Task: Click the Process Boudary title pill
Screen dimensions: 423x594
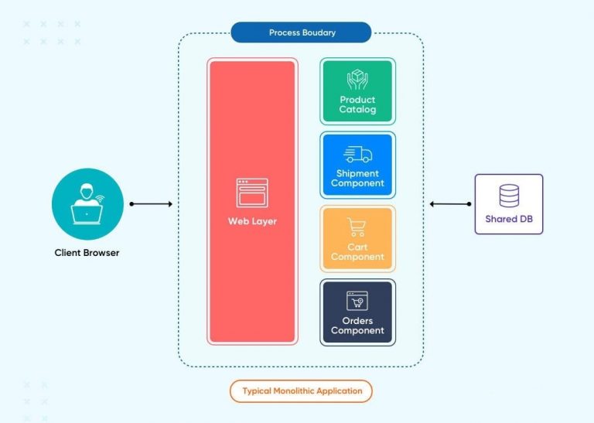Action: (x=301, y=32)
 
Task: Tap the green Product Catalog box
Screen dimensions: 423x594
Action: (x=357, y=91)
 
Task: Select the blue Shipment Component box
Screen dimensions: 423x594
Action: (x=357, y=165)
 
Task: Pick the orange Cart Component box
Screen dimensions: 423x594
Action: (x=357, y=238)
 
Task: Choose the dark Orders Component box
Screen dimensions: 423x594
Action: (x=357, y=312)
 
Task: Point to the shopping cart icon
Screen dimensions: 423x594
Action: (x=357, y=227)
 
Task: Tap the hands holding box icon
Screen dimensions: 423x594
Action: (x=357, y=80)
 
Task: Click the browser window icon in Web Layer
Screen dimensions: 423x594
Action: (x=252, y=193)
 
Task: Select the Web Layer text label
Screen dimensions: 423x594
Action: (x=252, y=221)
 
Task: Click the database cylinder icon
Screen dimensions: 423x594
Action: (x=509, y=196)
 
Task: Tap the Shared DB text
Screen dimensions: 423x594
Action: (x=509, y=219)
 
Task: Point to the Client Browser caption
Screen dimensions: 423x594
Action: (x=87, y=252)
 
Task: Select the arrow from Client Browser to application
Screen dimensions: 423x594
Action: (x=152, y=204)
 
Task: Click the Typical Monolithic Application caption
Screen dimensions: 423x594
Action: (x=301, y=391)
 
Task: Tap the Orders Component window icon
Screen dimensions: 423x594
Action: (x=357, y=301)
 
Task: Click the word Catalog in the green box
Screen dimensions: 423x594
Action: (x=357, y=109)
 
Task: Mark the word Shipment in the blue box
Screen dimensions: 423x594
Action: (x=357, y=173)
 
